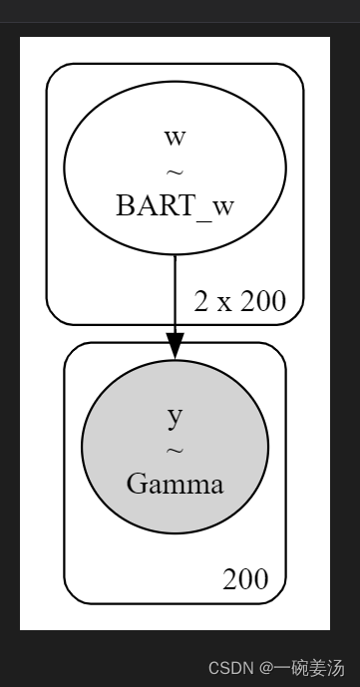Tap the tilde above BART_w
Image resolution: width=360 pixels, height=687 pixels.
click(175, 172)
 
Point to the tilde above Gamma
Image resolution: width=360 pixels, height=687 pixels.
click(175, 452)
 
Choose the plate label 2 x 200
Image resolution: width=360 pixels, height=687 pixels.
click(238, 300)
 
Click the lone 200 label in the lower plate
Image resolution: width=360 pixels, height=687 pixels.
click(245, 579)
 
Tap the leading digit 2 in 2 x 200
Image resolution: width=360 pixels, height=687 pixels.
click(200, 300)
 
